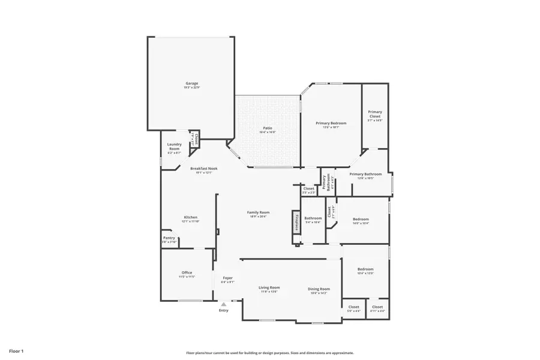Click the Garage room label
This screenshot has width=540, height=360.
pos(191,83)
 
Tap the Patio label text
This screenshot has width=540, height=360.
pos(268,128)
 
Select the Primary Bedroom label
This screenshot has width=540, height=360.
pos(331,123)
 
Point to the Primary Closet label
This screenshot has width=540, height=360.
pos(375,113)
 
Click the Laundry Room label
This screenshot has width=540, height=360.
pos(174,146)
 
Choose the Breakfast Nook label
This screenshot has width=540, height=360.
pos(204,169)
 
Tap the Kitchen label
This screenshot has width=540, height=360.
pos(190,217)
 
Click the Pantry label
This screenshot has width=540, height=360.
pos(169,238)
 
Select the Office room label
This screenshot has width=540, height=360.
pos(187,272)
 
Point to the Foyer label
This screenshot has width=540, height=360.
pos(227,278)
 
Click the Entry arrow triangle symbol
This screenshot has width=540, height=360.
pos(223,304)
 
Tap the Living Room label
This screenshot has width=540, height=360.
pos(269,287)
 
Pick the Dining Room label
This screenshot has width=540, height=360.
pos(319,289)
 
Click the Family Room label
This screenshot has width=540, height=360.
pos(259,212)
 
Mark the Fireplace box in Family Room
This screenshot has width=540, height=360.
pos(296,221)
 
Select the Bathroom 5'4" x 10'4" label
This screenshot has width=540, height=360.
pos(313,218)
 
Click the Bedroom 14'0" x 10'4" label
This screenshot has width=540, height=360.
pos(361,219)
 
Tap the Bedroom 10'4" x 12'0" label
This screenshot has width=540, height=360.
pos(365,269)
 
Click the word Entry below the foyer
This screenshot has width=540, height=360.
pos(223,310)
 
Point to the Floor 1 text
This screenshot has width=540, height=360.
pos(16,350)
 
